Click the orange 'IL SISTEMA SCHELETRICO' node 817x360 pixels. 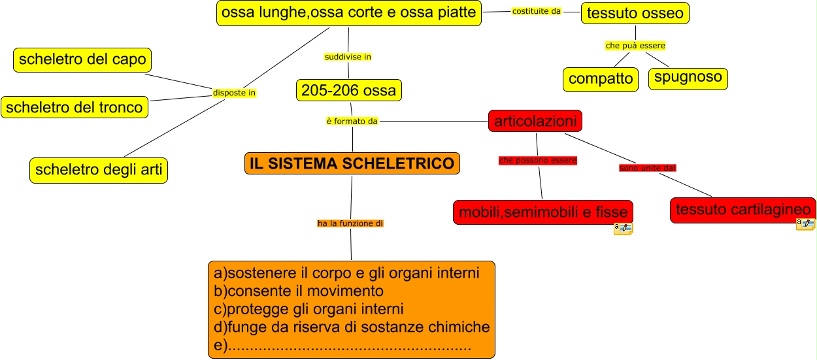click(352, 163)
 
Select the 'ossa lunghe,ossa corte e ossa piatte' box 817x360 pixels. click(348, 13)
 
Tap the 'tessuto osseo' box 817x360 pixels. click(635, 13)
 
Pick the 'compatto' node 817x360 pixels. click(600, 79)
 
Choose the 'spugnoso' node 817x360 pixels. click(688, 78)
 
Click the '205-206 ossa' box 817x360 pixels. click(348, 90)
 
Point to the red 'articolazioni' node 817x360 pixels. click(535, 121)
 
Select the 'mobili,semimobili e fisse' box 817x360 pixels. click(542, 212)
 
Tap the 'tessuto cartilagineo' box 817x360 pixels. click(742, 210)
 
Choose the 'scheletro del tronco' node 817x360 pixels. click(75, 107)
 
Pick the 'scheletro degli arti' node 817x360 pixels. click(98, 170)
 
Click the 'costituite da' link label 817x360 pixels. click(537, 11)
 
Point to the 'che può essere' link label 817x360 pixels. click(635, 46)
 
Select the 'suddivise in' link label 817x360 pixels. click(348, 57)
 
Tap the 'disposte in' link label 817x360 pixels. click(234, 93)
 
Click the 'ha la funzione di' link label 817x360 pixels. click(350, 223)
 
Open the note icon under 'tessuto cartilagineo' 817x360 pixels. click(805, 225)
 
